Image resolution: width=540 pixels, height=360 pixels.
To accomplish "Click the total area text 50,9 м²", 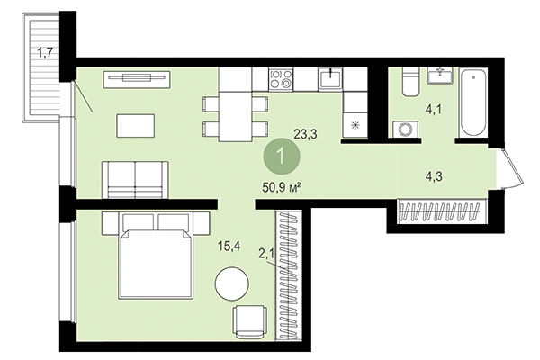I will (x=278, y=190).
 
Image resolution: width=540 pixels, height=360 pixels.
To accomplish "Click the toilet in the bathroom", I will (x=408, y=84).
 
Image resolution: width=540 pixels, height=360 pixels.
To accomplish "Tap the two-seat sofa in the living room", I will (x=134, y=180).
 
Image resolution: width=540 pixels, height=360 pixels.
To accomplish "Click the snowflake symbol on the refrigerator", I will (x=355, y=125).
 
